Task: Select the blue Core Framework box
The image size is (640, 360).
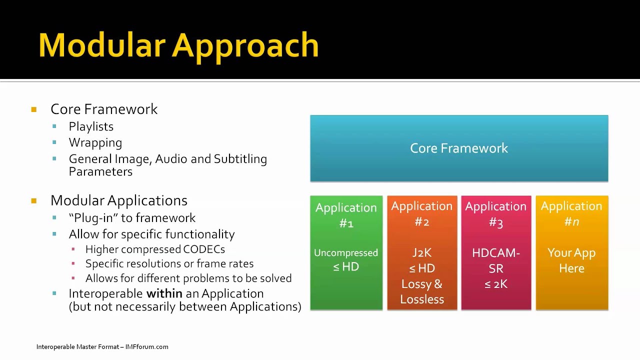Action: [459, 148]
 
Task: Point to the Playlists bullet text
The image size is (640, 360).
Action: [91, 126]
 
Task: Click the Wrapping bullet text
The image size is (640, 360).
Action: [95, 142]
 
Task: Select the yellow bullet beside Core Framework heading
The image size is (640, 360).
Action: [34, 109]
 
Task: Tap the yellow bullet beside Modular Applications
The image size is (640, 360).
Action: [34, 201]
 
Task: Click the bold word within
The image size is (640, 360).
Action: [164, 293]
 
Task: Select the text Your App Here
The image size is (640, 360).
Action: [571, 260]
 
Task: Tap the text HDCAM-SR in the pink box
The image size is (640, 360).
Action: [495, 260]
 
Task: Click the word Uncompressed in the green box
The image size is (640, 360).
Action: [346, 253]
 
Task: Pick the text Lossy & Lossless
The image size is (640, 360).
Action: [422, 291]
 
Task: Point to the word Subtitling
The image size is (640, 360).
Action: [240, 159]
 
